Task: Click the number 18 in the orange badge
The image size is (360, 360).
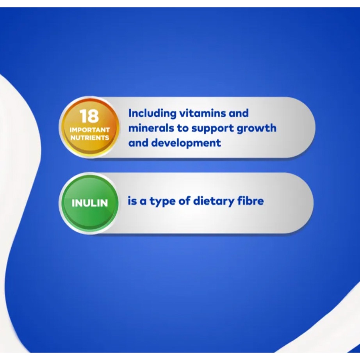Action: (x=89, y=116)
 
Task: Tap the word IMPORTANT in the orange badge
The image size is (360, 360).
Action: (x=89, y=130)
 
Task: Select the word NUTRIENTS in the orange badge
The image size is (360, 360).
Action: (x=89, y=138)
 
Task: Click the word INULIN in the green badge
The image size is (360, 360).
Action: (x=89, y=203)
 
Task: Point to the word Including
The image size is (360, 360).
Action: (x=152, y=114)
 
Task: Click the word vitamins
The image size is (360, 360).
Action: (x=203, y=113)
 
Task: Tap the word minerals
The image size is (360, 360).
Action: (x=151, y=128)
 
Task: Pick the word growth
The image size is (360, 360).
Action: (x=257, y=128)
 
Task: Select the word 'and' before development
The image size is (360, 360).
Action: (x=138, y=143)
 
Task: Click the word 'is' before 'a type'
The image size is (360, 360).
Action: (x=132, y=201)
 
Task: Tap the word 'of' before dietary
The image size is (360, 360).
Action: (x=185, y=201)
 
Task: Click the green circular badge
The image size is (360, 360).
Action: (x=89, y=203)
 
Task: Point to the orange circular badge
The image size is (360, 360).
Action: (x=89, y=127)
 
